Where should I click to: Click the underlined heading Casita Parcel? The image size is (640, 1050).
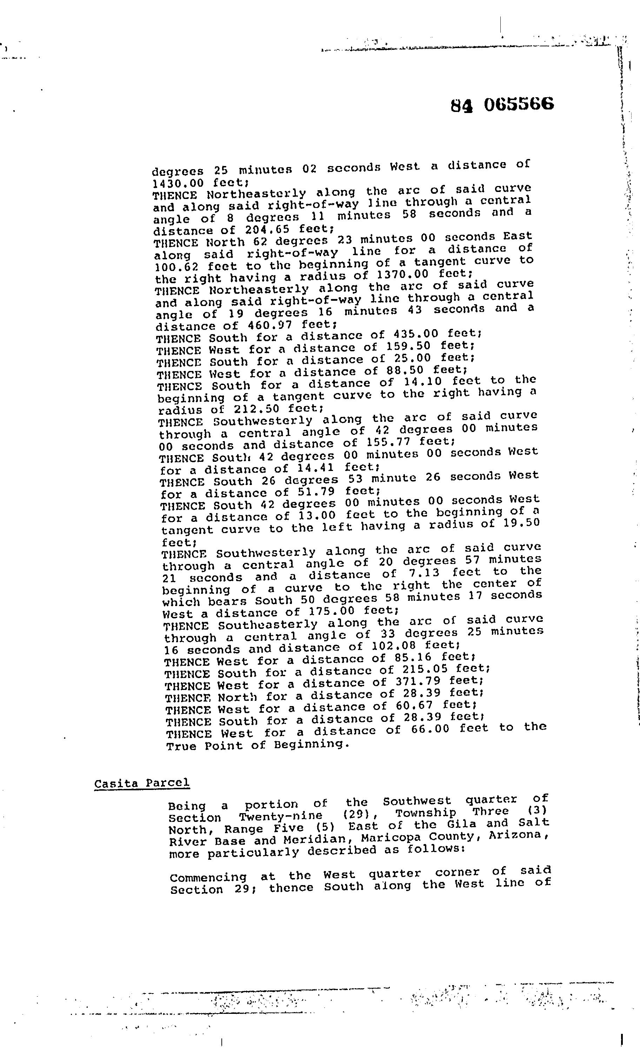click(x=142, y=783)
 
